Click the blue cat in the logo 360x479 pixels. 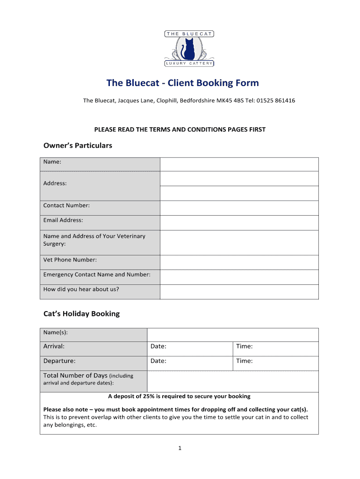(x=189, y=49)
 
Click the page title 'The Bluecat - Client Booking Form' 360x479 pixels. (x=182, y=83)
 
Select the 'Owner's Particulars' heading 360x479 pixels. (x=78, y=145)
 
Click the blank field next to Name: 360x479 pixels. (x=239, y=164)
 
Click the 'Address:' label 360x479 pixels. (x=55, y=183)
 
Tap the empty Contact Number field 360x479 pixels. (x=239, y=208)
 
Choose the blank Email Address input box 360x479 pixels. (x=239, y=223)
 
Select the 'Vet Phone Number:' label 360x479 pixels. (x=70, y=260)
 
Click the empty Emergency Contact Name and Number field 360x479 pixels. (x=239, y=277)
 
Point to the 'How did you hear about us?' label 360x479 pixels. (x=81, y=289)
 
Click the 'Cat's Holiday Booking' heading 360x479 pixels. (x=81, y=314)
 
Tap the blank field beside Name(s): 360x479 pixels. (x=232, y=334)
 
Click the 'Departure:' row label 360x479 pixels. (x=59, y=361)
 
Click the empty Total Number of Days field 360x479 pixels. (x=232, y=381)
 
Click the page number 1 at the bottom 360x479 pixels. (x=180, y=448)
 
